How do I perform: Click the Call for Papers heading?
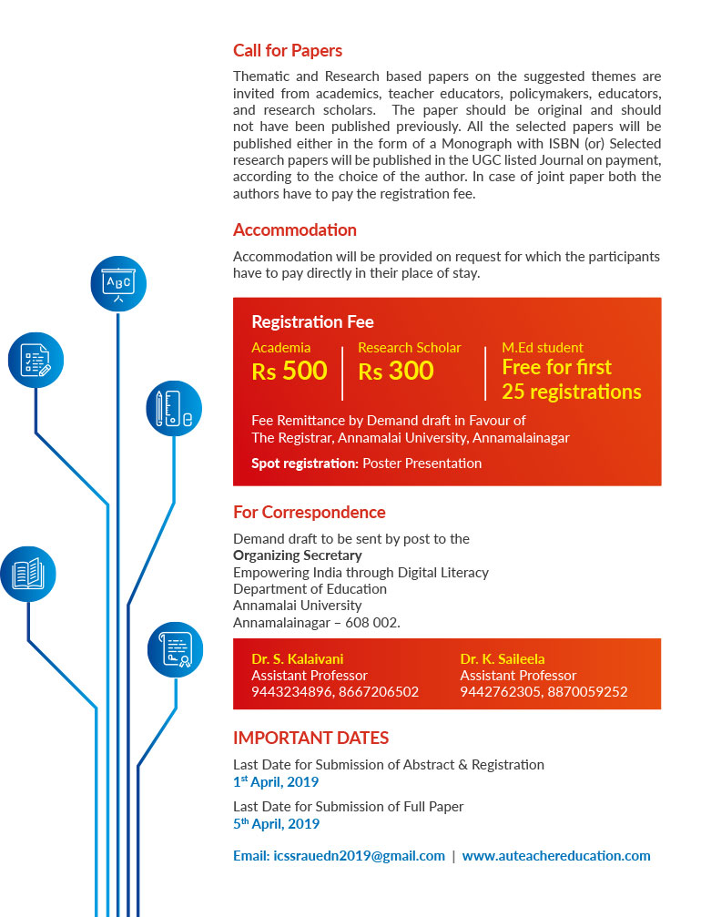click(288, 51)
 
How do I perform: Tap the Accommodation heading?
click(295, 230)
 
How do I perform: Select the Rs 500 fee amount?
click(289, 372)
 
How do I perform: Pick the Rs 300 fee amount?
click(396, 372)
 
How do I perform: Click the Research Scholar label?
click(409, 348)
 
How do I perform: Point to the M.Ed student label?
click(543, 348)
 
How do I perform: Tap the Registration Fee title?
click(312, 322)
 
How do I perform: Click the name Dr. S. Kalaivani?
click(298, 659)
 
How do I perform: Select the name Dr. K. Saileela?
click(503, 659)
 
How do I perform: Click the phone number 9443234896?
click(285, 692)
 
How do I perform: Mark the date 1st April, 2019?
click(276, 781)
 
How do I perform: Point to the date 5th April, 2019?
click(276, 824)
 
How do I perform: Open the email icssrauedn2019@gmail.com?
click(339, 856)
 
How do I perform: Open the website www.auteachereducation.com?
click(556, 856)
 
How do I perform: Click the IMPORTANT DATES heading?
click(310, 738)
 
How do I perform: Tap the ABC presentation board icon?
click(118, 283)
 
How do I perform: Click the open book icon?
click(27, 574)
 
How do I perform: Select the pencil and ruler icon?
click(174, 408)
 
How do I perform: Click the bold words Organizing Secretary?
click(297, 555)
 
